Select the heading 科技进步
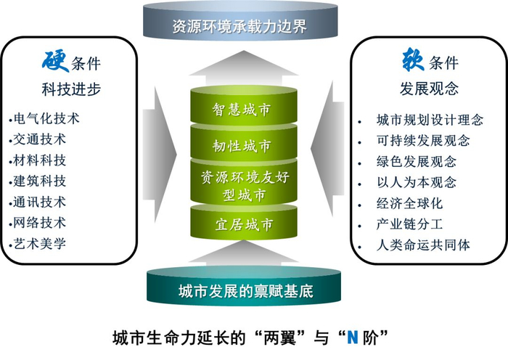tap(70, 89)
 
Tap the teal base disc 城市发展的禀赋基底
tap(245, 292)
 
